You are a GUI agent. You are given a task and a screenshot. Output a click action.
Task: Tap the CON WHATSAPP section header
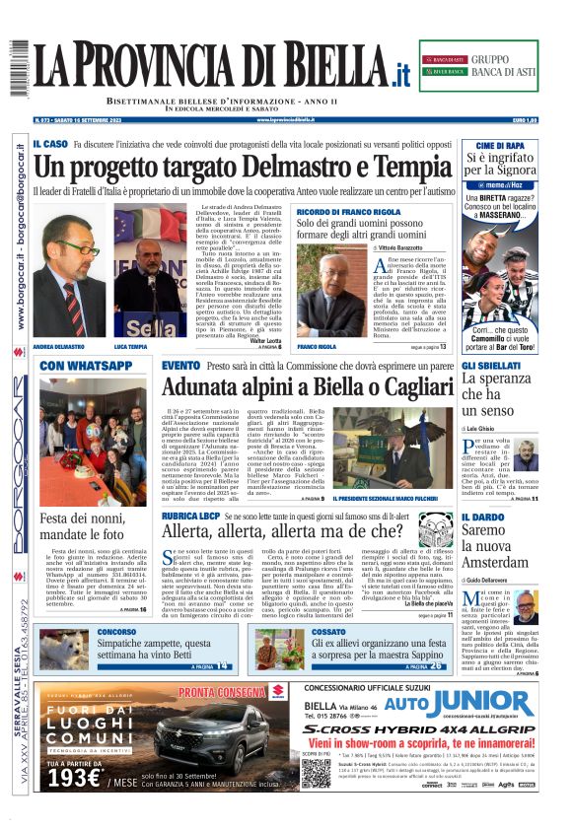[x=87, y=366]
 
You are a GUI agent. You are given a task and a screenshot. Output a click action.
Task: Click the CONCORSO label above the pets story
[x=116, y=632]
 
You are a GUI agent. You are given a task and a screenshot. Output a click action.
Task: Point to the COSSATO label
[x=302, y=632]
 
